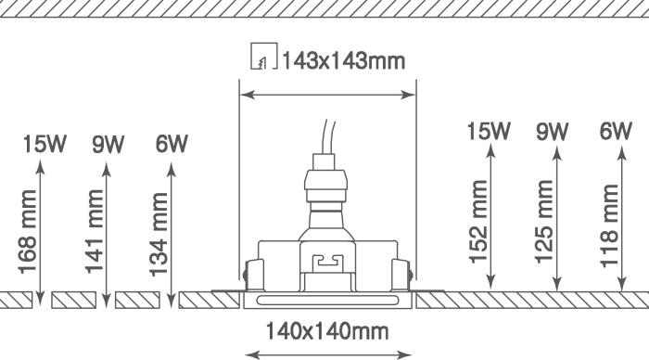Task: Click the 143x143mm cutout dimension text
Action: click(343, 61)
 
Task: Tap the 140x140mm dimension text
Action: click(327, 331)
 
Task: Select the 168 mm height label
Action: click(28, 232)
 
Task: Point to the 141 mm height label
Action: click(95, 231)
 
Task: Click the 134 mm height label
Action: click(159, 235)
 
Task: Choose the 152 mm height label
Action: click(478, 222)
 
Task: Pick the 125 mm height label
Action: click(544, 222)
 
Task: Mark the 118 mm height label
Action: click(609, 226)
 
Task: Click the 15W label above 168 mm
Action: click(45, 144)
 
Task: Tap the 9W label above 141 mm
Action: click(108, 144)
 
